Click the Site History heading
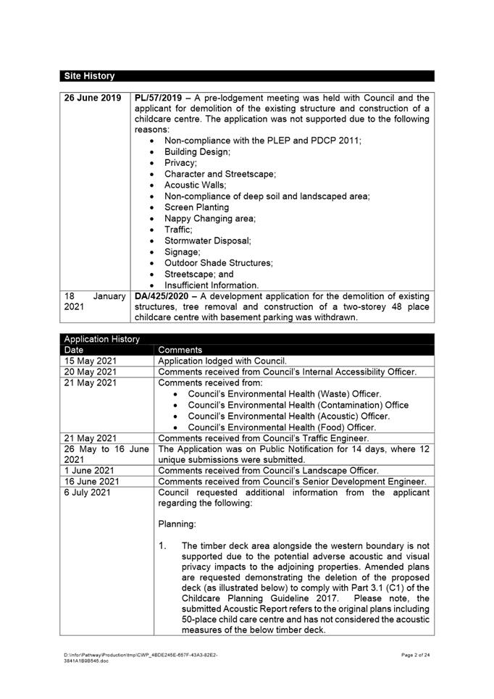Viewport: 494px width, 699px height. pyautogui.click(x=89, y=76)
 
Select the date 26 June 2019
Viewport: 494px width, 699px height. pyautogui.click(x=92, y=97)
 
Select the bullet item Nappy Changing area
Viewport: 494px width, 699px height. pyautogui.click(x=210, y=218)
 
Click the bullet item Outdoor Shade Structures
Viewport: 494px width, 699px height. pyautogui.click(x=219, y=263)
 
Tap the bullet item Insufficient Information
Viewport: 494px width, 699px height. pyautogui.click(x=212, y=285)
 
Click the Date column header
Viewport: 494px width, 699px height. pyautogui.click(x=74, y=350)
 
